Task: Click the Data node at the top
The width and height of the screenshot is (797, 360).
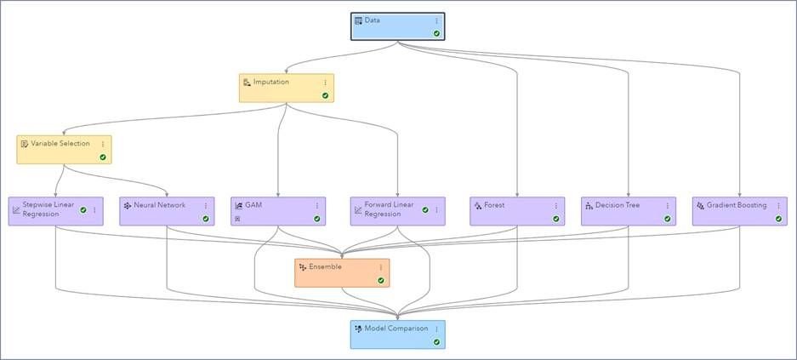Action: pos(397,26)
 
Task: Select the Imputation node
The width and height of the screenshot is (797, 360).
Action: pos(286,88)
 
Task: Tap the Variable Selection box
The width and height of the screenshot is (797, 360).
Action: pos(64,150)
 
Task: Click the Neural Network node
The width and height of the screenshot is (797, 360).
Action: pos(167,211)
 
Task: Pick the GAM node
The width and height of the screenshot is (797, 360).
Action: pos(278,211)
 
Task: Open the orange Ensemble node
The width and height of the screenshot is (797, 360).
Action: pos(342,272)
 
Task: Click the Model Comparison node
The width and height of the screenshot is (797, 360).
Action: pos(397,334)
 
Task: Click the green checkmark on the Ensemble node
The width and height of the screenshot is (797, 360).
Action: pos(380,280)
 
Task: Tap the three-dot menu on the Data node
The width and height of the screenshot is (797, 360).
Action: pos(436,21)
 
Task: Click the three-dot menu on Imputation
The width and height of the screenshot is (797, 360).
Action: pos(325,83)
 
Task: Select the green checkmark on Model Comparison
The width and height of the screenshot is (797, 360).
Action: pos(436,341)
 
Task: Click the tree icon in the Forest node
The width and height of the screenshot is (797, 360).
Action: pos(478,206)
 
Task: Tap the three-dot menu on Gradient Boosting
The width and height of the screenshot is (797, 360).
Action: pos(778,206)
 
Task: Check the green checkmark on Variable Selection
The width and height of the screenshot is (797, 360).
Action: pos(102,157)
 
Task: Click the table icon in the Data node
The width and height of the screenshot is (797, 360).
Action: pos(358,20)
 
